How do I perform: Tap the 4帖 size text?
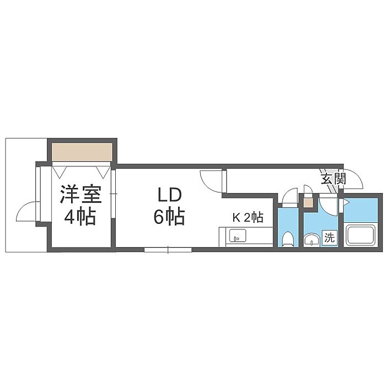coord(80,216)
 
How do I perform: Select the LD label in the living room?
coord(169,195)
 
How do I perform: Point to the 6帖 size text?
coord(169,216)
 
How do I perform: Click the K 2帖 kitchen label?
coord(248,217)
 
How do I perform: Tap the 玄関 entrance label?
coord(333,179)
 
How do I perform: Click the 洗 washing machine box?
coord(329,238)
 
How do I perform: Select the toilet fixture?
coord(287,239)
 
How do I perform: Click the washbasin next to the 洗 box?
coord(312,239)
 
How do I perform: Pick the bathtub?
coord(361,234)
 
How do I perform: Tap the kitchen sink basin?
coord(238,235)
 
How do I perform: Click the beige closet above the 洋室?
coord(82,152)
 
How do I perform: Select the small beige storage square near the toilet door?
coord(308,203)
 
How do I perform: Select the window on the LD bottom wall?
coord(168,250)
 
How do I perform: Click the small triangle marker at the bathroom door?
coord(346,202)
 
